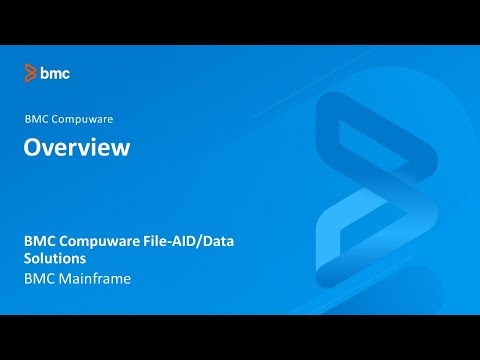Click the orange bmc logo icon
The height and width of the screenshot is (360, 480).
(x=31, y=72)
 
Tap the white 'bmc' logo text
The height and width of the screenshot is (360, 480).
(x=55, y=72)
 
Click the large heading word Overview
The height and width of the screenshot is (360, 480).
(x=77, y=148)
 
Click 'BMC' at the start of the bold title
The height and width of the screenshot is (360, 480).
(x=40, y=241)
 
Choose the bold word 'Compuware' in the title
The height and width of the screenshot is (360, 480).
(x=97, y=241)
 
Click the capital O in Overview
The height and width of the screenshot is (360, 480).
(x=33, y=148)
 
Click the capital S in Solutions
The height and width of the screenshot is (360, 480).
(x=28, y=259)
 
